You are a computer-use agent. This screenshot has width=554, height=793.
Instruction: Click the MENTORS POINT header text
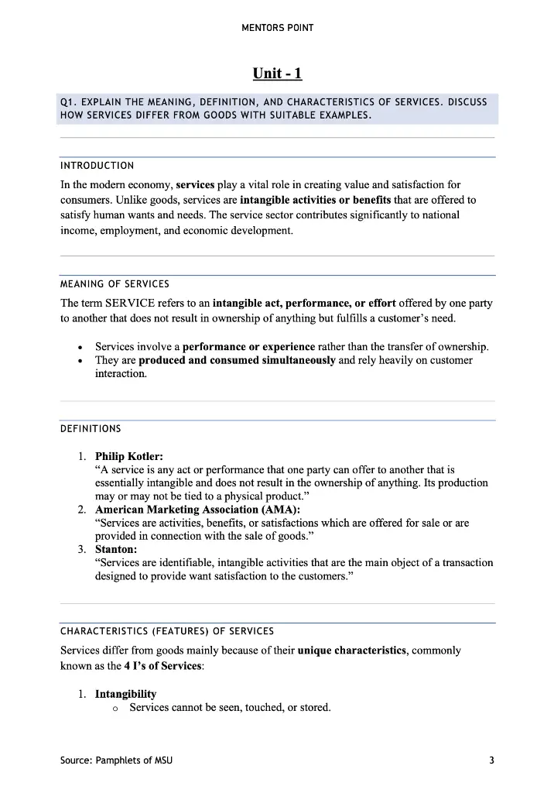click(x=277, y=28)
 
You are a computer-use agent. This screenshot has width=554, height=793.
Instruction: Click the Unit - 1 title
click(x=277, y=74)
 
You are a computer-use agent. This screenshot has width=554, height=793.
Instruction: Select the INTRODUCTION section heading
click(x=97, y=166)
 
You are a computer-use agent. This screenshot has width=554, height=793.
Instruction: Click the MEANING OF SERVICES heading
click(x=115, y=284)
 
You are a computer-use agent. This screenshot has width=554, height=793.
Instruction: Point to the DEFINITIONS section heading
click(x=91, y=429)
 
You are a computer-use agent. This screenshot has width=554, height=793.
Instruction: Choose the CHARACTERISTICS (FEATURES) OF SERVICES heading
click(x=166, y=631)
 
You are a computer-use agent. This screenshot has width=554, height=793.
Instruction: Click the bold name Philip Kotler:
click(x=129, y=456)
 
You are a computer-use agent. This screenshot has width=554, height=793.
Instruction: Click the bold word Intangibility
click(x=125, y=694)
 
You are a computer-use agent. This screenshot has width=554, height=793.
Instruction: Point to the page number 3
click(x=491, y=760)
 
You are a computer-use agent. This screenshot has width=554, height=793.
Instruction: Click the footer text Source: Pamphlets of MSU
click(x=116, y=760)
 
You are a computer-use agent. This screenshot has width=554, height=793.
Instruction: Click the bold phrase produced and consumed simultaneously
click(x=237, y=360)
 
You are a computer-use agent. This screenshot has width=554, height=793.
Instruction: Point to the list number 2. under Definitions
click(x=81, y=510)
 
